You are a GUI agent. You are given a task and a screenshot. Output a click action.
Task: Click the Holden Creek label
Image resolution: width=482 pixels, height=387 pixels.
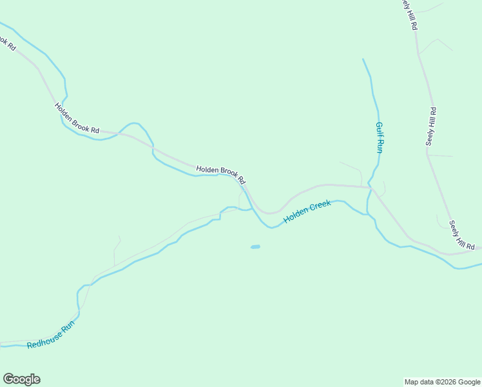pyautogui.click(x=307, y=212)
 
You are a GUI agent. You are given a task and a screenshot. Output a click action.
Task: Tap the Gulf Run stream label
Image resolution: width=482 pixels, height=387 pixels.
pyautogui.click(x=380, y=137)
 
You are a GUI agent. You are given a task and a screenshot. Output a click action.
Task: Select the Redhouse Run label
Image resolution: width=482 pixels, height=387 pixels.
pyautogui.click(x=52, y=335)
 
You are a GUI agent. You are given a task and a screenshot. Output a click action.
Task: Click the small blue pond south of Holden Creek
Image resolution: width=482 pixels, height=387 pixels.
pyautogui.click(x=255, y=246)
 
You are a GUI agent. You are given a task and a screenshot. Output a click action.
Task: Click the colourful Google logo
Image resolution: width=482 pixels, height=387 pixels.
pyautogui.click(x=21, y=379)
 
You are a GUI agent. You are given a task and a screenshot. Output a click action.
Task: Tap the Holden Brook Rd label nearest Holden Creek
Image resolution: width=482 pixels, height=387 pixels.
pyautogui.click(x=221, y=172)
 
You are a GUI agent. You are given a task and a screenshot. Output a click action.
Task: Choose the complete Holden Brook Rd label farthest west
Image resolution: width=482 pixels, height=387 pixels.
pyautogui.click(x=77, y=119)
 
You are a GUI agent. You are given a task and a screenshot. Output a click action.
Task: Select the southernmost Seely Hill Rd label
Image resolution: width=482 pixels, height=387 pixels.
pyautogui.click(x=462, y=236)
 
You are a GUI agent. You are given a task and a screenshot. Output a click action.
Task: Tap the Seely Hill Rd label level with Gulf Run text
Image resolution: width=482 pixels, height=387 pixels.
pyautogui.click(x=431, y=126)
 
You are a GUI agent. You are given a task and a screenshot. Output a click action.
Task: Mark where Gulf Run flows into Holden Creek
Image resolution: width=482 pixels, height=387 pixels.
pyautogui.click(x=368, y=213)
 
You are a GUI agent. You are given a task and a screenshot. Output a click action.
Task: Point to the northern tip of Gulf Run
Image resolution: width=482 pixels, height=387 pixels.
pyautogui.click(x=363, y=59)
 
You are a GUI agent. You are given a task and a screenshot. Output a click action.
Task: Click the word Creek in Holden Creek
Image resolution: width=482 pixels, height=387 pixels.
pyautogui.click(x=320, y=207)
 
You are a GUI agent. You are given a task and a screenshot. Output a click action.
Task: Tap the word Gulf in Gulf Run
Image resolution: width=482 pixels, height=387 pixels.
pyautogui.click(x=380, y=128)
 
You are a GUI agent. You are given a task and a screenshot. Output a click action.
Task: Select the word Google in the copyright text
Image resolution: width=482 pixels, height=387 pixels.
pyautogui.click(x=469, y=382)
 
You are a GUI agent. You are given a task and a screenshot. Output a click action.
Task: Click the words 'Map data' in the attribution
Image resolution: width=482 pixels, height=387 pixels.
pyautogui.click(x=418, y=382)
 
